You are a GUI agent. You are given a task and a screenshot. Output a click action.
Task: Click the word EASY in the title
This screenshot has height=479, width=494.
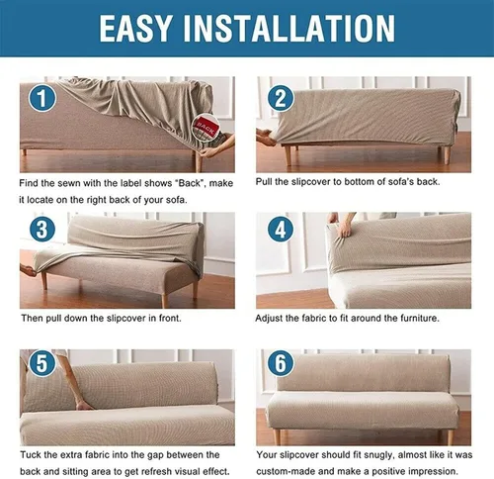click(x=135, y=28)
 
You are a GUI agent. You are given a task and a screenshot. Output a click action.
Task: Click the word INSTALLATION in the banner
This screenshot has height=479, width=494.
click(x=289, y=28)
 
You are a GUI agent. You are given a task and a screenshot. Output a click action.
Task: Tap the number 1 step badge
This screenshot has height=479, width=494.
click(x=42, y=98)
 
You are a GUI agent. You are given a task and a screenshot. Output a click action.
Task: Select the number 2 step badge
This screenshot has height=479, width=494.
click(x=281, y=98)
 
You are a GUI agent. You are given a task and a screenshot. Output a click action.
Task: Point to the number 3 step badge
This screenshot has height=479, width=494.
click(x=42, y=229)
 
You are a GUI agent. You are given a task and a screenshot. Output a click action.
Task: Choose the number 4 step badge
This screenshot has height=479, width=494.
click(x=281, y=229)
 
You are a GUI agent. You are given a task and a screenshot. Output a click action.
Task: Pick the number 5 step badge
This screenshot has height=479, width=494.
click(x=42, y=363)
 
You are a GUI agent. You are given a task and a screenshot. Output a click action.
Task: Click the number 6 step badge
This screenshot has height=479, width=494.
click(x=281, y=363)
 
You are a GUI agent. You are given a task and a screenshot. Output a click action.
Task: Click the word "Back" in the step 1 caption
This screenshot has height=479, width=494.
click(x=189, y=183)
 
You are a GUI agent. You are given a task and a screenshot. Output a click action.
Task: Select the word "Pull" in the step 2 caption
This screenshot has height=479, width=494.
click(x=264, y=182)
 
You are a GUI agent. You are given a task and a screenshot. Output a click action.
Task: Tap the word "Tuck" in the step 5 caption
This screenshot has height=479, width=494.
click(x=31, y=455)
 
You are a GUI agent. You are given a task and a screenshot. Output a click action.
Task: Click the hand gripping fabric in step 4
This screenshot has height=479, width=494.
click(x=344, y=226)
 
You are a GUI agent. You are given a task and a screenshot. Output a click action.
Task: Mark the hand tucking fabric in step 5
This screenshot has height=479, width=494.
click(x=83, y=405)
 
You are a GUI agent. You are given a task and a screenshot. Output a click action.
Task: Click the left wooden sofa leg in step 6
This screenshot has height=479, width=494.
click(x=277, y=436)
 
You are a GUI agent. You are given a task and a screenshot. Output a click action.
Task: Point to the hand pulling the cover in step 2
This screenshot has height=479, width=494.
click(x=266, y=138)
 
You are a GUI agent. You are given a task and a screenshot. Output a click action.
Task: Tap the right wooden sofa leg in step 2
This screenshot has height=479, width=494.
click(x=446, y=155)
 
